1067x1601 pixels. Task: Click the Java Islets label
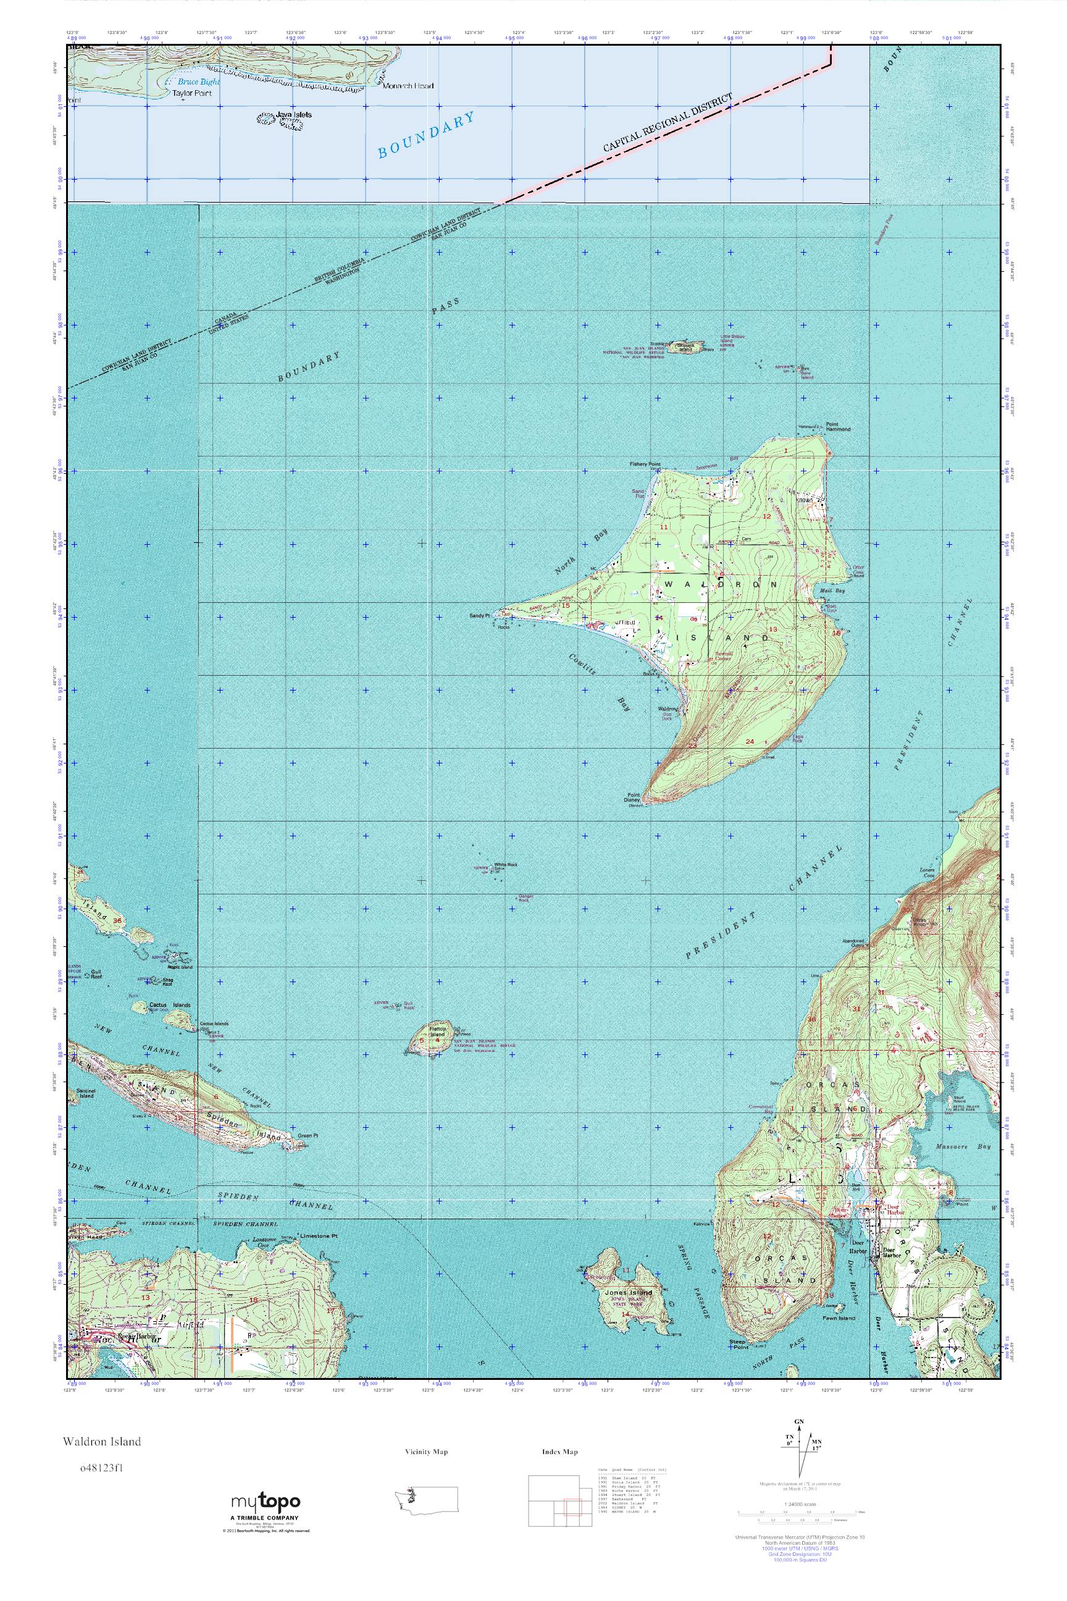[x=295, y=115]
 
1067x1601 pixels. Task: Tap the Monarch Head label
[x=408, y=86]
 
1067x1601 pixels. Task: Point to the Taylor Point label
[x=191, y=93]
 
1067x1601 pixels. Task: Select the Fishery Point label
[x=645, y=464]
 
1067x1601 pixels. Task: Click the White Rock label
[x=506, y=865]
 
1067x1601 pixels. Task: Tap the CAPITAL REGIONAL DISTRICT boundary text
[x=669, y=122]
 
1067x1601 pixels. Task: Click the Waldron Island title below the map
[x=103, y=1441]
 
